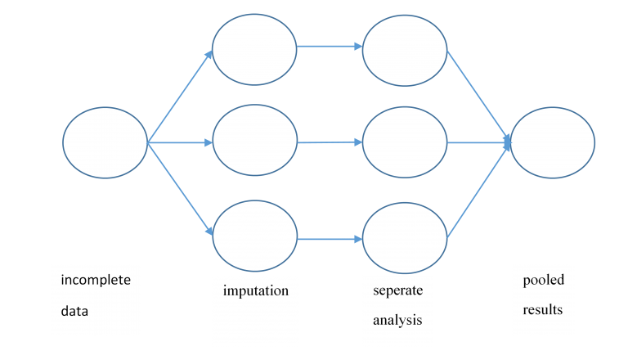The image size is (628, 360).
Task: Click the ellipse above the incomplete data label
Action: click(x=105, y=142)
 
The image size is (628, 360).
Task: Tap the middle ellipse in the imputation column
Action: click(x=254, y=140)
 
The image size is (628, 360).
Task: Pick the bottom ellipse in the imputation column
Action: click(x=254, y=236)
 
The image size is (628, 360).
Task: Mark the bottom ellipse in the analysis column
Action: click(x=405, y=238)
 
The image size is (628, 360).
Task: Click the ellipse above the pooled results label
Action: click(x=553, y=142)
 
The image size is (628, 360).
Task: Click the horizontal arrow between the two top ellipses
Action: click(x=330, y=46)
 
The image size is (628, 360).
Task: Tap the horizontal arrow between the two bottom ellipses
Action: click(x=330, y=240)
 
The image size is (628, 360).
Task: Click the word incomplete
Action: click(x=96, y=280)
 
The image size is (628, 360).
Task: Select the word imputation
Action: click(x=256, y=290)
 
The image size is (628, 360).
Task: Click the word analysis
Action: click(x=397, y=320)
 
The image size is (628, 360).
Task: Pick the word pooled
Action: click(x=544, y=280)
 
